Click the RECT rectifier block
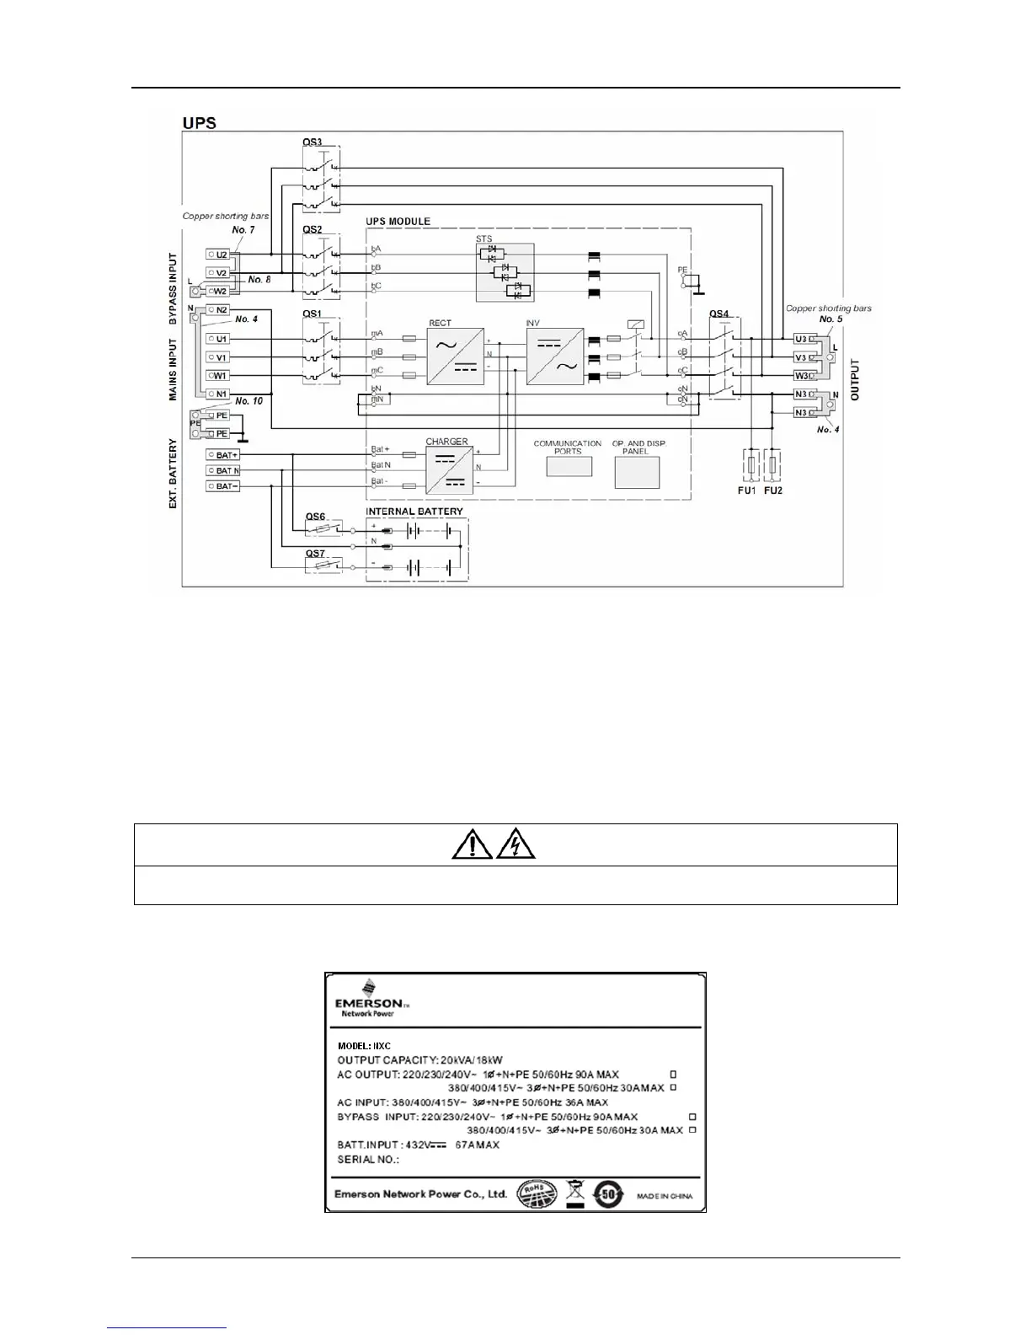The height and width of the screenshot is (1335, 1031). coord(455,357)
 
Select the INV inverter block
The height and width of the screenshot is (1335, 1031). coord(555,357)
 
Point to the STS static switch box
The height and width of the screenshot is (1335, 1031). coord(505,272)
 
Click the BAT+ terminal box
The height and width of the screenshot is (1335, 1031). coord(223,455)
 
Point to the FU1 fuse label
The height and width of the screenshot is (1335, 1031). coord(746,491)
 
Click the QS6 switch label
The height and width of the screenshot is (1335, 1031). coord(315,517)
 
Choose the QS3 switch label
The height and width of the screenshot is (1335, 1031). coord(313,142)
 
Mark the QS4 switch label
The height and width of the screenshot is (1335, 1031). coord(718,314)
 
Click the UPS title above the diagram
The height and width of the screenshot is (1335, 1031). coord(200,123)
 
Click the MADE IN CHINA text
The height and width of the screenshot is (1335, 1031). coord(665,1196)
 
